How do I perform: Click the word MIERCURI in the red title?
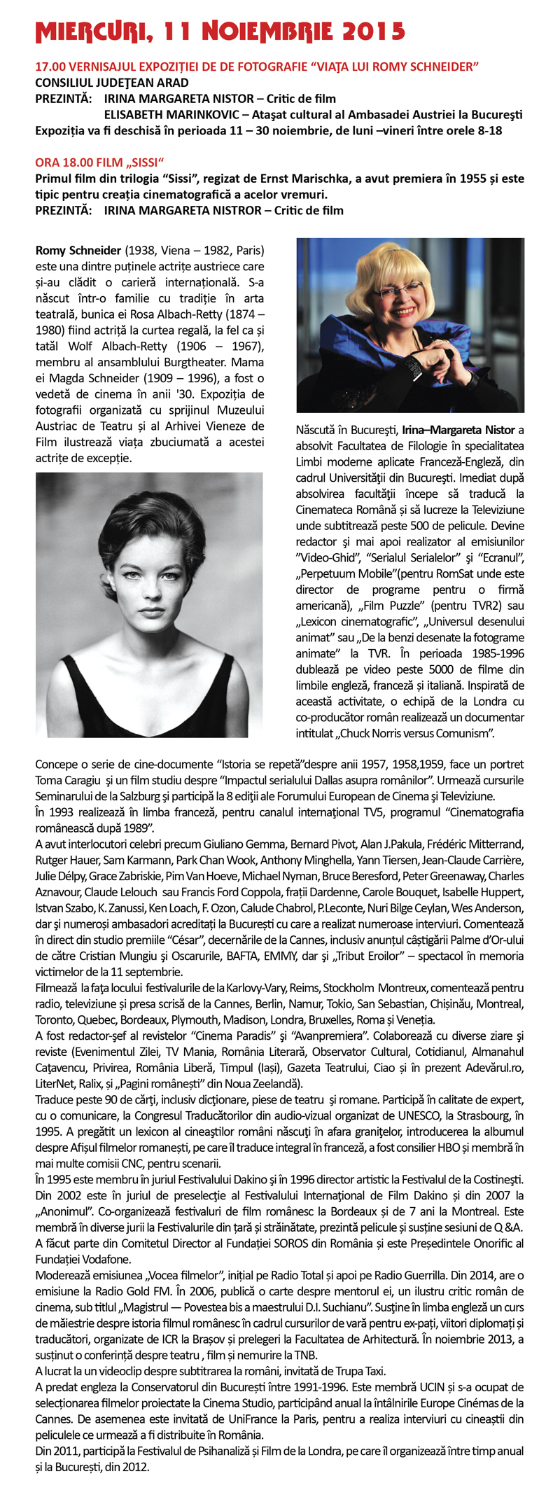[x=89, y=32]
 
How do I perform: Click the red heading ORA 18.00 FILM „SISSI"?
[x=99, y=162]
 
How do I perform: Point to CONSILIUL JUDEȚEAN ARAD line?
[x=112, y=83]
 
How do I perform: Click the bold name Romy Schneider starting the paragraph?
[x=78, y=251]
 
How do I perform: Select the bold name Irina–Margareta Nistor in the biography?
[x=458, y=430]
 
